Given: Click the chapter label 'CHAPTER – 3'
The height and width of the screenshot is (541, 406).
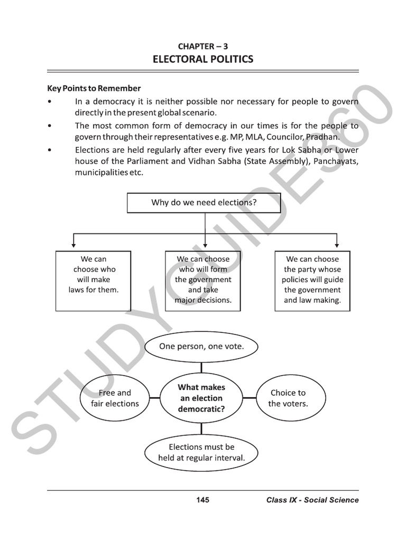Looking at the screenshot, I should (x=203, y=46).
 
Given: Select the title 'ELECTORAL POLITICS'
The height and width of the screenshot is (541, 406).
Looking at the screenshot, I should (x=203, y=59).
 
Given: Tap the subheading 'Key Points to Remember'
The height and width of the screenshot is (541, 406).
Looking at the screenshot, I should (x=94, y=88).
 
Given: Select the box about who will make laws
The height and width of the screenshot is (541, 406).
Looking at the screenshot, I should (x=93, y=281).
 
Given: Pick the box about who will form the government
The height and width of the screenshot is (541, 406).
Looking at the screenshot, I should (x=203, y=281).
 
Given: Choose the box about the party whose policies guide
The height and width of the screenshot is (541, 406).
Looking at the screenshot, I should (x=312, y=281).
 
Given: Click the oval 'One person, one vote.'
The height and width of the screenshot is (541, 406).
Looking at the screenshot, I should (x=201, y=347).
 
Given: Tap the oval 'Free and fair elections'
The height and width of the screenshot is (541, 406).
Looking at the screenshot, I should (x=115, y=398).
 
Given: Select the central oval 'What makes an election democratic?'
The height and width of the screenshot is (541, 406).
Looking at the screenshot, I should (x=201, y=398).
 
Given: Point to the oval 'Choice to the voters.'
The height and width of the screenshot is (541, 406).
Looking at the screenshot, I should (x=288, y=398).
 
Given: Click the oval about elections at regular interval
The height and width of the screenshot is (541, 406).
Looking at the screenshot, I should (x=201, y=452).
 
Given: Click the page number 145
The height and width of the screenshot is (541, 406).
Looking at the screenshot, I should (x=202, y=500).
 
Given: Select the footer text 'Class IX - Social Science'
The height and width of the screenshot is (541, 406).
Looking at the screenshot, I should (x=312, y=500).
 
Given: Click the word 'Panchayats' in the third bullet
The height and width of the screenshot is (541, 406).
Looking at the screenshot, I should (x=336, y=161).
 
